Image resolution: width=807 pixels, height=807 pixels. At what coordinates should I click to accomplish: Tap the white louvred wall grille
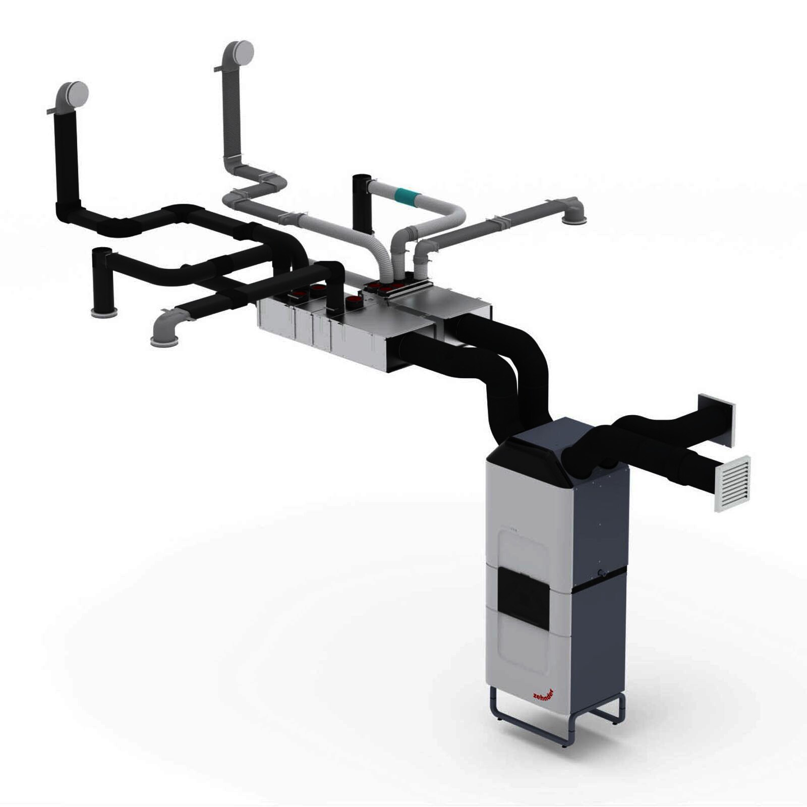click(732, 483)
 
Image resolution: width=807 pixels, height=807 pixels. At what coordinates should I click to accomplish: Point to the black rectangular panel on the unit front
click(523, 597)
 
